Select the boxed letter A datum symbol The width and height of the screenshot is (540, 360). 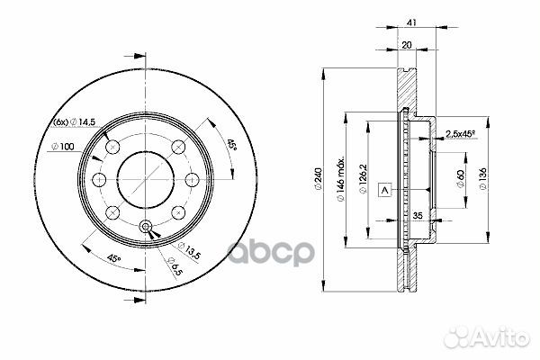coord(384,190)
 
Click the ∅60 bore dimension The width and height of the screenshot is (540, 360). coord(459,181)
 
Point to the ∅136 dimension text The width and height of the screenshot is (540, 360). coord(483,181)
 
